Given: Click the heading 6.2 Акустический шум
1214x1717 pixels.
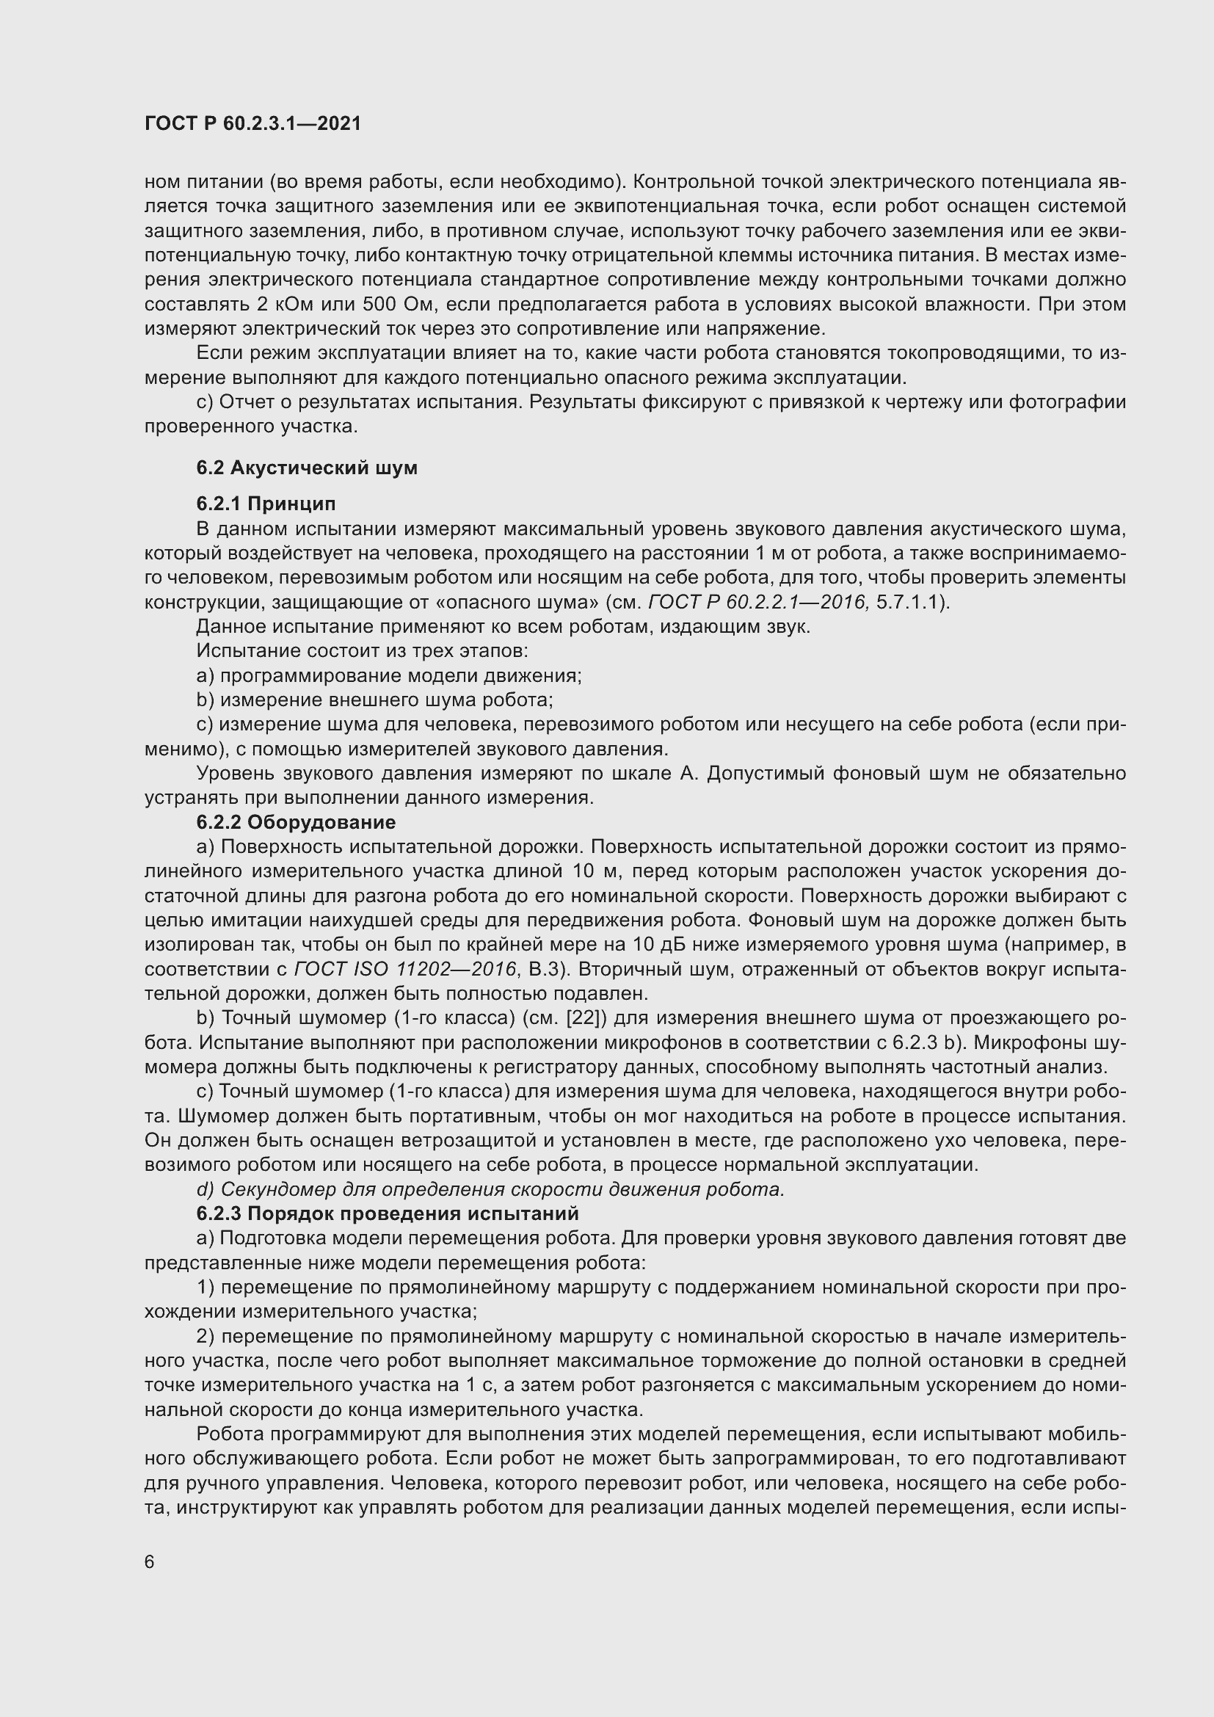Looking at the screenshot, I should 307,468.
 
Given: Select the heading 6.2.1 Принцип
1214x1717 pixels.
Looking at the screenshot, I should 266,504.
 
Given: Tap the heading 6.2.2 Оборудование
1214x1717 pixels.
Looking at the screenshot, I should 295,823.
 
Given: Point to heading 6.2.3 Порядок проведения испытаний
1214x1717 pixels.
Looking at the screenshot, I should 388,1213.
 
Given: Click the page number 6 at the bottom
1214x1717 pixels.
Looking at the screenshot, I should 150,1563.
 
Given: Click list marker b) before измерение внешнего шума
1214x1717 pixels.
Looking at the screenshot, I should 205,700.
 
